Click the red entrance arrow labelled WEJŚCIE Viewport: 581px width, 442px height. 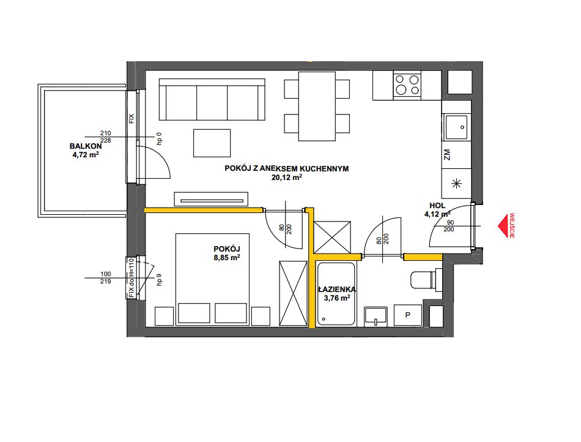(x=503, y=225)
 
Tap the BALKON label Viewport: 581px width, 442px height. (x=86, y=146)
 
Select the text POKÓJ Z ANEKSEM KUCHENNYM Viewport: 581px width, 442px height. (x=286, y=169)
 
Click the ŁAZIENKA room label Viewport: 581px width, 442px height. (x=337, y=289)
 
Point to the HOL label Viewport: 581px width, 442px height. (x=437, y=206)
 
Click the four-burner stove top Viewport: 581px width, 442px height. (x=407, y=85)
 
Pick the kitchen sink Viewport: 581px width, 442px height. (x=456, y=127)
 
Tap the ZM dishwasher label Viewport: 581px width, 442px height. (x=447, y=155)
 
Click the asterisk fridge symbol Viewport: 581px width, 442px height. (x=456, y=183)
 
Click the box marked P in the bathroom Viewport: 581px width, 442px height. (x=407, y=315)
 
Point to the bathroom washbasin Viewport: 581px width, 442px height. (x=376, y=317)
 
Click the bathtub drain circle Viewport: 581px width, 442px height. (x=324, y=319)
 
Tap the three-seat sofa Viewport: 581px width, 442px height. (x=212, y=99)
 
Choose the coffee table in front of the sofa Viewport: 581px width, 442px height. (x=212, y=143)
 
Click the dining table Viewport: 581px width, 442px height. (x=317, y=107)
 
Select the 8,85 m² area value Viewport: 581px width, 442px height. (x=227, y=257)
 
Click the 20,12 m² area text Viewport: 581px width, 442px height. (x=287, y=178)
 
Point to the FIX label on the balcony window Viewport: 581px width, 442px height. (x=131, y=119)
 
